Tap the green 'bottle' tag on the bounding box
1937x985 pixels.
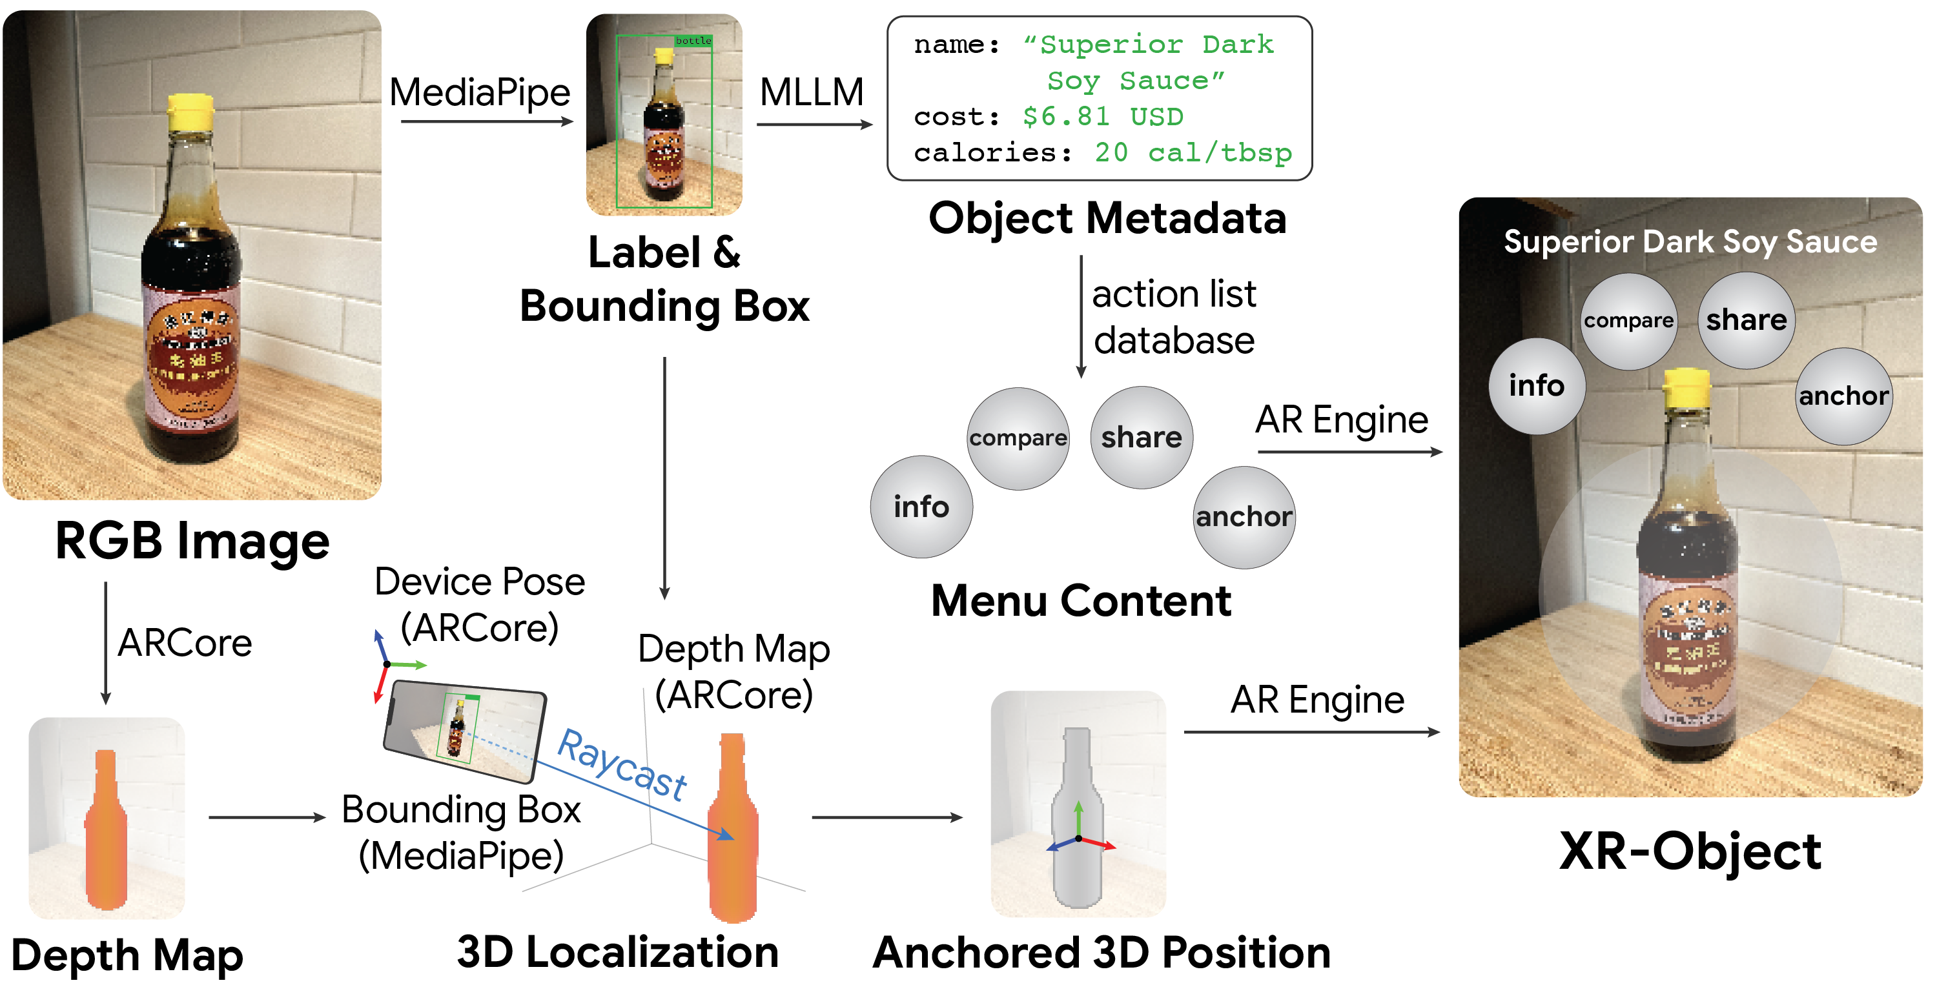click(693, 41)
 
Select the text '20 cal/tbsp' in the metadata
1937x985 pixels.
click(1193, 152)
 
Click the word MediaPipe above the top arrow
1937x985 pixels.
click(480, 92)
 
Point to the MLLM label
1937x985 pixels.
click(812, 92)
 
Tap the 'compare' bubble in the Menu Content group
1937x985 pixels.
click(1018, 438)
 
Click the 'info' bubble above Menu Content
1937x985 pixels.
click(921, 507)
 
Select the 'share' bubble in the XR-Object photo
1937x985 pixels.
click(1746, 320)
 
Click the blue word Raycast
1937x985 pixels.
click(622, 764)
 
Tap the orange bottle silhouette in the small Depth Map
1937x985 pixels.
click(106, 835)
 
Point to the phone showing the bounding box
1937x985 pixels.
click(464, 729)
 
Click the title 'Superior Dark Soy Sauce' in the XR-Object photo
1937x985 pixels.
click(1690, 242)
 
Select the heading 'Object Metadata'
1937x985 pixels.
click(1107, 219)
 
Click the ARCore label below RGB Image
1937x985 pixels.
click(185, 643)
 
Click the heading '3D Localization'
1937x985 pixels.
click(617, 952)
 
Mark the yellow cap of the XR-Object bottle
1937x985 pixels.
click(1686, 383)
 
